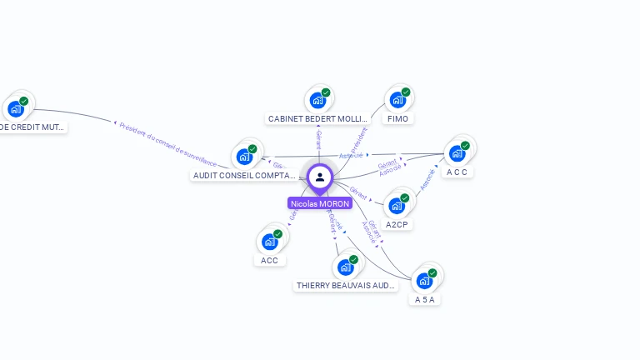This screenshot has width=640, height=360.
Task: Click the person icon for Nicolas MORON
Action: pos(320,177)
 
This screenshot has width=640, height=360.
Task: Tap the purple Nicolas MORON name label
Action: pos(320,203)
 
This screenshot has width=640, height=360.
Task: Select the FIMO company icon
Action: pos(397,100)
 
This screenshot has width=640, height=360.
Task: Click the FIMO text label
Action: pos(397,119)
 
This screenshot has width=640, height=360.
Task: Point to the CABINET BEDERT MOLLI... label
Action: pos(317,119)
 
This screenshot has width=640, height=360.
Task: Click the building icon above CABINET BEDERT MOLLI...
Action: pos(317,100)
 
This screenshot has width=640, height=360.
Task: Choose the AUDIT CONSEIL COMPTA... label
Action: pos(244,176)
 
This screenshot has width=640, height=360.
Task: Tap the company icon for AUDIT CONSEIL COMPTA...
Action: pos(245,156)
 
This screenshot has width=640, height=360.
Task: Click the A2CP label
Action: pos(397,224)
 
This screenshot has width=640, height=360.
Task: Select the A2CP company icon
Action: pos(397,205)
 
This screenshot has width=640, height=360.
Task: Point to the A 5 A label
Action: pos(425,299)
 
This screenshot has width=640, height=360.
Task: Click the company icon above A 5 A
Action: pos(425,280)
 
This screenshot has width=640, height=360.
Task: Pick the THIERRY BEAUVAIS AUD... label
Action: pos(346,286)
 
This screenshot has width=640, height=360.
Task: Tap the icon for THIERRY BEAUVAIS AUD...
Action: pos(345,267)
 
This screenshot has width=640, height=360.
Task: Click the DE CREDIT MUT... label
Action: pos(32,127)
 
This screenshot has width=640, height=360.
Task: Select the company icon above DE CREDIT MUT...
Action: pos(16,108)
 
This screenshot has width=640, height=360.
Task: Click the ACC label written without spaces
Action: pos(269,260)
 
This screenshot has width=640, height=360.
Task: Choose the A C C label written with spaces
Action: pos(457,172)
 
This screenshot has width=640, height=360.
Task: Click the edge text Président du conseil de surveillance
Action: pos(167,144)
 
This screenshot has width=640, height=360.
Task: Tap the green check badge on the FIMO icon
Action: pos(406,92)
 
